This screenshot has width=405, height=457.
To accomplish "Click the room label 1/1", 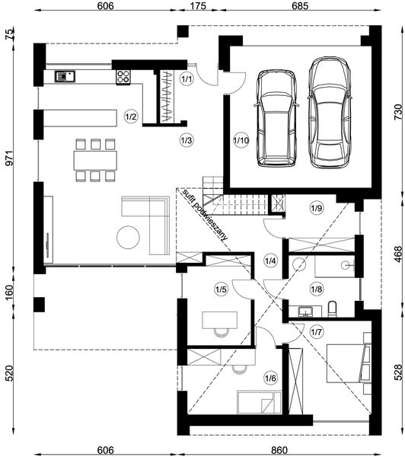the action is click(x=187, y=79).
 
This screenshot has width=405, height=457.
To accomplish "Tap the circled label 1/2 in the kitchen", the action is click(x=130, y=117).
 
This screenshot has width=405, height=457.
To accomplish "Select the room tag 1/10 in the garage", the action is click(x=241, y=141).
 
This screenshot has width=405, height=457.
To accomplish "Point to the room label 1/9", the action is click(x=317, y=209).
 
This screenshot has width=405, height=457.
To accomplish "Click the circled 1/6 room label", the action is click(x=270, y=379).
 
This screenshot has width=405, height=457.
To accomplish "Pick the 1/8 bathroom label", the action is click(x=317, y=289).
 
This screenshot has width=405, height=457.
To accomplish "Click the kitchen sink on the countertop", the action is click(x=65, y=77).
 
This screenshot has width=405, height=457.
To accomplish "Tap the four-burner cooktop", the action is click(x=123, y=77).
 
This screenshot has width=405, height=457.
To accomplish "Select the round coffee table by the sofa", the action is click(x=128, y=237).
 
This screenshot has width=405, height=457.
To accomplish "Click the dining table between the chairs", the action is click(x=95, y=160).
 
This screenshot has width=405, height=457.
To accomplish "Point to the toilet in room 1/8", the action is click(x=332, y=309).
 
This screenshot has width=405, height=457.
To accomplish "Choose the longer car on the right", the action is click(x=329, y=113).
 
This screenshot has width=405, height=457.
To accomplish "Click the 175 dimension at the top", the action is click(x=199, y=6).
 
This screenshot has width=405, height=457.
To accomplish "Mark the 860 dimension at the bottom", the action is click(x=279, y=450).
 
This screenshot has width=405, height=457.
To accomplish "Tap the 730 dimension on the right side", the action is click(x=398, y=113).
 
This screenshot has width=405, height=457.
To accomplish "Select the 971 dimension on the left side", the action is click(x=10, y=158).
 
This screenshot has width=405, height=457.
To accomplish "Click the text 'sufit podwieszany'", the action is click(x=204, y=216).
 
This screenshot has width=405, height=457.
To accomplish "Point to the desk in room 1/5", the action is click(x=220, y=320).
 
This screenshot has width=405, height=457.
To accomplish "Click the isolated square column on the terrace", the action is click(x=39, y=305).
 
